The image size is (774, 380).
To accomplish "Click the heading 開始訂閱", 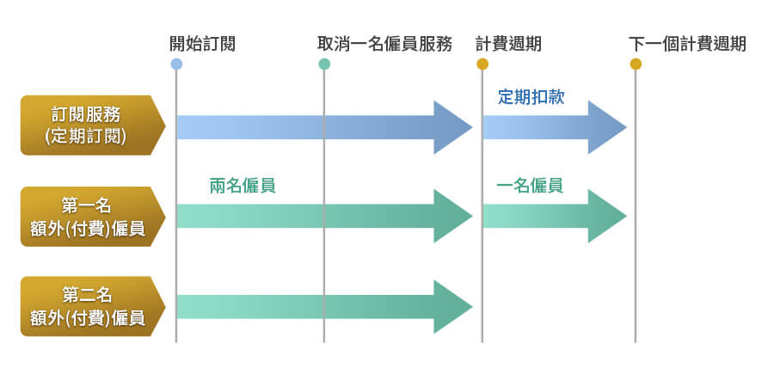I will pos(202,44).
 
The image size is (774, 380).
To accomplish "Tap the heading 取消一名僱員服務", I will pos(384,44).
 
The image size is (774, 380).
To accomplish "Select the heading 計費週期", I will pos(508,44).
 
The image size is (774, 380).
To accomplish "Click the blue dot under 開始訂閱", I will pos(176,64).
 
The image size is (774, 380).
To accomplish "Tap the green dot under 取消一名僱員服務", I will pos(324,64).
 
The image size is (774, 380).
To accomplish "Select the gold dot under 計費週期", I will pos(482,64).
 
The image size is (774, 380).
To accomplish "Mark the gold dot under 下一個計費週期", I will pos(636,64).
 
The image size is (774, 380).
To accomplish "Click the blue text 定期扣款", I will pos(531,96).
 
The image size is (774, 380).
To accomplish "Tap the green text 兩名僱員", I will pos(242,186).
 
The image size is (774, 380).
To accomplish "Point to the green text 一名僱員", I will pos(530,186).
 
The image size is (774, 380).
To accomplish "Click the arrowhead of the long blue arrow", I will pos(452,127).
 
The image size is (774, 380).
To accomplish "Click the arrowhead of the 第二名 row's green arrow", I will pos(452,307).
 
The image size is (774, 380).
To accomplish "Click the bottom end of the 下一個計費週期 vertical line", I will pos(636,340).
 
